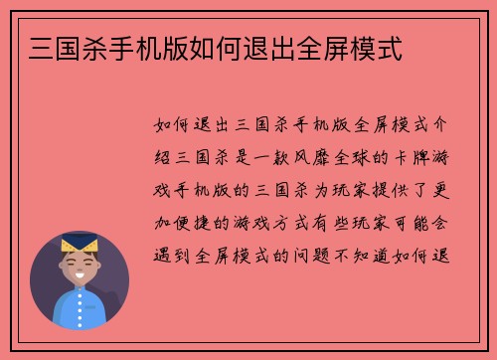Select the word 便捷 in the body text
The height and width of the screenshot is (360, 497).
(x=193, y=220)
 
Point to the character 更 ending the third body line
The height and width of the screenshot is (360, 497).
(x=438, y=188)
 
